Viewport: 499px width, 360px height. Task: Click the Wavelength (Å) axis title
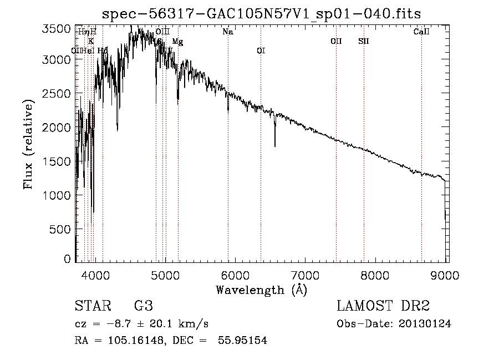(x=261, y=290)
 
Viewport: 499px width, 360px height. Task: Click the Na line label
(x=228, y=32)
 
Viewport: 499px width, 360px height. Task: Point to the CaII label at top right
(x=421, y=32)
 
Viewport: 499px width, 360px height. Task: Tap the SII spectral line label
(x=364, y=41)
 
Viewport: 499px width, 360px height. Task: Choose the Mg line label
(x=177, y=42)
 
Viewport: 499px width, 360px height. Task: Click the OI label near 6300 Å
(x=261, y=51)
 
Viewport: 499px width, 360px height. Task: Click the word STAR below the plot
(x=91, y=306)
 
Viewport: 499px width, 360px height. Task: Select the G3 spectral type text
(x=143, y=306)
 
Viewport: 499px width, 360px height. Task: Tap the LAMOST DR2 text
(x=384, y=306)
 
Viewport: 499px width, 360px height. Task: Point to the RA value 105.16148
(x=137, y=341)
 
